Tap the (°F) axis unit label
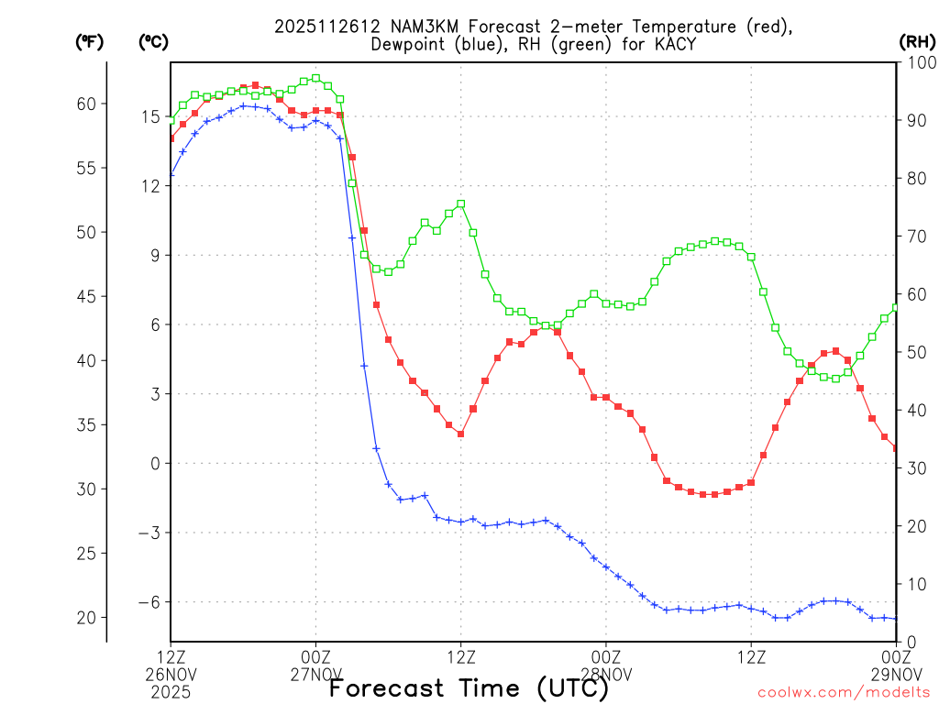click(x=90, y=42)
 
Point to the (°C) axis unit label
click(x=153, y=42)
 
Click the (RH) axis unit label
click(x=917, y=42)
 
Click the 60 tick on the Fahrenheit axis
click(x=86, y=104)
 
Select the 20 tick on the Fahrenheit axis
click(x=86, y=618)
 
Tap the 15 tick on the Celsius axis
click(x=150, y=116)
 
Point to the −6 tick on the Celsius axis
click(x=149, y=602)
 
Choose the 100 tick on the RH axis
click(x=917, y=62)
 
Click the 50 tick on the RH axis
click(x=913, y=352)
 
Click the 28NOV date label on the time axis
click(x=607, y=674)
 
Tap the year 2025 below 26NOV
click(x=171, y=691)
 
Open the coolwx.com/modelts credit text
click(x=844, y=692)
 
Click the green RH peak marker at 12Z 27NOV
click(x=461, y=204)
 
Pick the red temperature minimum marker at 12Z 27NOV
click(x=461, y=434)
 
